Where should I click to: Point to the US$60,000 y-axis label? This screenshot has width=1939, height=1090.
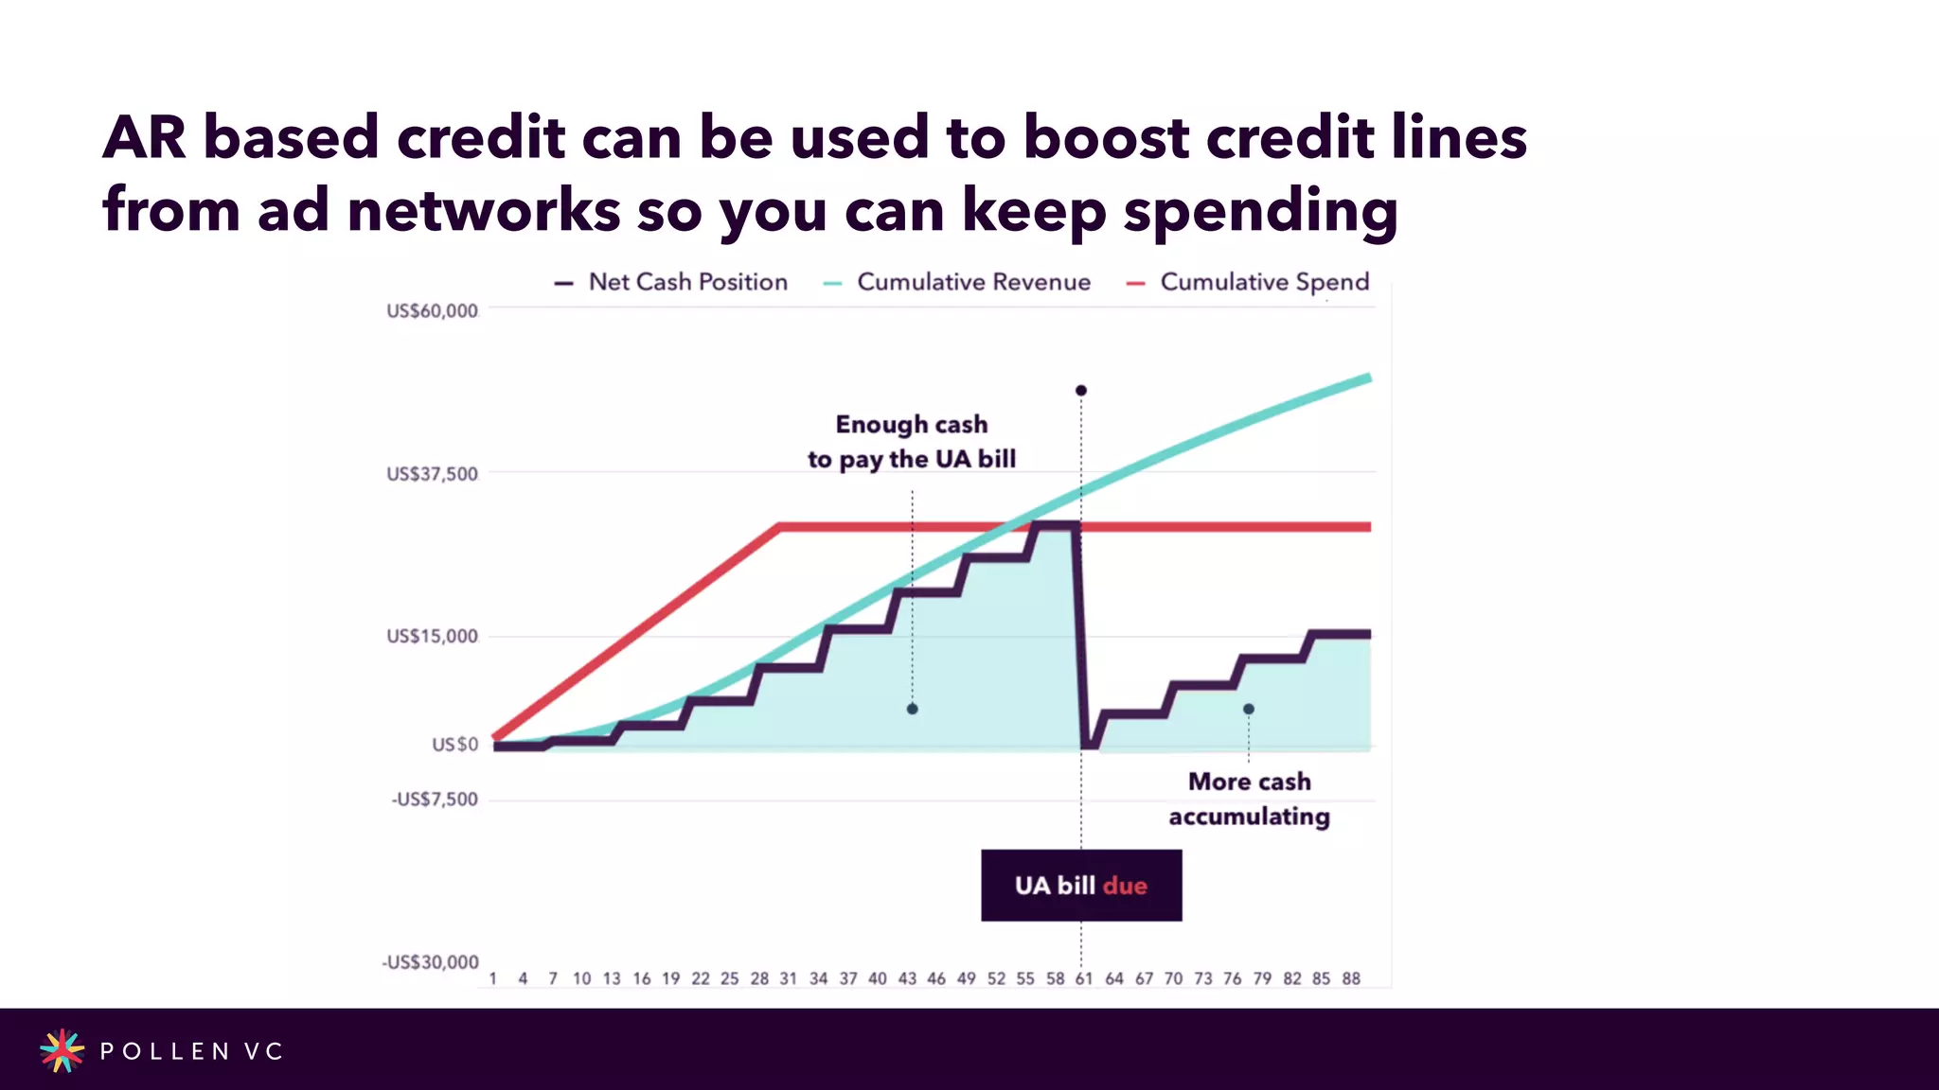[x=432, y=311]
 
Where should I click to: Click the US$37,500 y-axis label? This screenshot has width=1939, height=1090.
[x=432, y=474]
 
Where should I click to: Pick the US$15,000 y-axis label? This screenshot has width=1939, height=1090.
[x=432, y=636]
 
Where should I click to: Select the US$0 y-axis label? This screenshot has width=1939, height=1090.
[x=455, y=745]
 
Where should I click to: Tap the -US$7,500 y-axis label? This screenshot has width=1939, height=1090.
[x=435, y=800]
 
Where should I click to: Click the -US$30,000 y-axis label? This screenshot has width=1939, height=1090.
[x=430, y=962]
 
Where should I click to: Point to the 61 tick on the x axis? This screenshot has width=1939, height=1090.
[x=1084, y=978]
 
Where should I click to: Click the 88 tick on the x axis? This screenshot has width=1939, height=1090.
[x=1351, y=978]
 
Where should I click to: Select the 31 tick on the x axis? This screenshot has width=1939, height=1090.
[x=788, y=978]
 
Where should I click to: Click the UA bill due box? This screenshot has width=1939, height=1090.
[x=1081, y=886]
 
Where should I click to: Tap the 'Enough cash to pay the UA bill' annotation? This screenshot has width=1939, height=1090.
[x=912, y=442]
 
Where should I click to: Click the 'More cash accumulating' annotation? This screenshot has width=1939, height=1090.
[x=1249, y=799]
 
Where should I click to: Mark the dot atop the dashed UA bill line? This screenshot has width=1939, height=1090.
[x=1081, y=391]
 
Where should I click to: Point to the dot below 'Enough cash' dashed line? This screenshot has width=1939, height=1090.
[x=913, y=709]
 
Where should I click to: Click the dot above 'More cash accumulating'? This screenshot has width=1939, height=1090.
[x=1249, y=709]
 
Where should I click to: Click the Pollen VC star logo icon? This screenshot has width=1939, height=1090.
[x=62, y=1050]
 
